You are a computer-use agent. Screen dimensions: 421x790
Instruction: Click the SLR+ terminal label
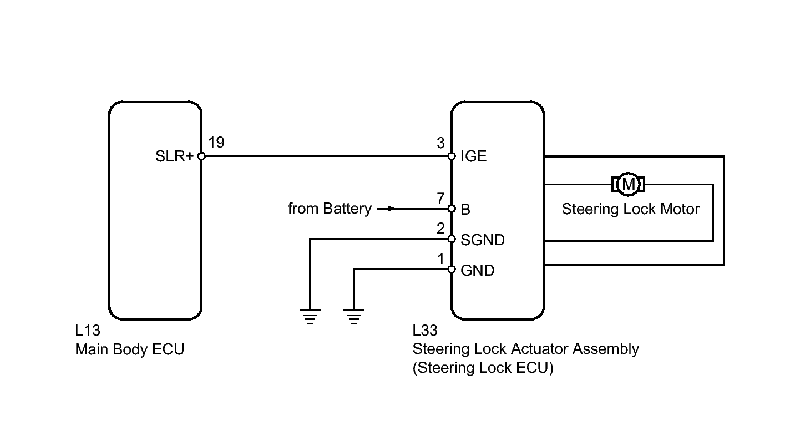[x=174, y=156]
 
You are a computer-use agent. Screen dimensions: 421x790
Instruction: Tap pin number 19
[x=216, y=143]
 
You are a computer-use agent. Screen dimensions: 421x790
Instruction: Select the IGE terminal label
[x=473, y=156]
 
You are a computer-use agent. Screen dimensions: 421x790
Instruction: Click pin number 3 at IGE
[x=440, y=144]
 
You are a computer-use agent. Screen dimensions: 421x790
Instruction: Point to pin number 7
[x=440, y=197]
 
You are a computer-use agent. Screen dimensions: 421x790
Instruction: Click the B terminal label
[x=465, y=210]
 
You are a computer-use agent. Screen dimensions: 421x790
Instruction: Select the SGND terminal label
[x=482, y=240]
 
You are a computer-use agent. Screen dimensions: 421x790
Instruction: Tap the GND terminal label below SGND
[x=477, y=271]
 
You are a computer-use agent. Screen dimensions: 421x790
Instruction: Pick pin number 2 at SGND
[x=440, y=228]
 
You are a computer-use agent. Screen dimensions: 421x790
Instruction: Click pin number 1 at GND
[x=440, y=258]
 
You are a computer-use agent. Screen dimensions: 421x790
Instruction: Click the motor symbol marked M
[x=628, y=184]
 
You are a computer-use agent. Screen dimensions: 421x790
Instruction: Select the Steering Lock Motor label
[x=630, y=209]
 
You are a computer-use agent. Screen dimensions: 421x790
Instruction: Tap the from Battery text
[x=330, y=209]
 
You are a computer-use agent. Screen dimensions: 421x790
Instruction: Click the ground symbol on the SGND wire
[x=310, y=316]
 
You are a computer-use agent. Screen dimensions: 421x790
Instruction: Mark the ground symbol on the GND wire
[x=353, y=316]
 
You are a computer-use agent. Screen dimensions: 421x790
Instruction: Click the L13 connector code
[x=88, y=331]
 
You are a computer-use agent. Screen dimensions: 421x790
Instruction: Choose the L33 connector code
[x=425, y=331]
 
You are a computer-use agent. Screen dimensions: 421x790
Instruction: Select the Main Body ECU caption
[x=129, y=349]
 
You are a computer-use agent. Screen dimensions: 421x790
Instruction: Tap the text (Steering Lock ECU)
[x=483, y=368]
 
